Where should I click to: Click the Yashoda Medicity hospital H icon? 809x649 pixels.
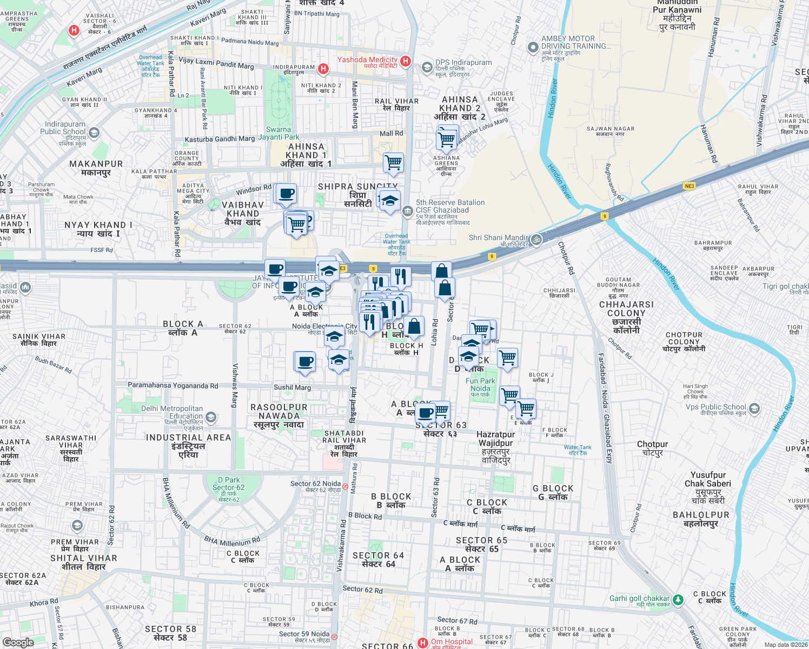click(x=406, y=62)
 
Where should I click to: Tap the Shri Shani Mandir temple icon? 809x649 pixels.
click(x=536, y=239)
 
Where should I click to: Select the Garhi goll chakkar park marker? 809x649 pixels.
click(x=678, y=599)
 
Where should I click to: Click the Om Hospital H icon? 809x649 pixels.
click(x=423, y=643)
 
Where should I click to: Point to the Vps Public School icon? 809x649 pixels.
click(x=754, y=408)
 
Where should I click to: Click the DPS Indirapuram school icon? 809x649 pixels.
click(x=427, y=67)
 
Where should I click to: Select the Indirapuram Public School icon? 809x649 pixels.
click(x=94, y=133)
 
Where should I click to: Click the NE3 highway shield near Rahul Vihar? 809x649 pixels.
click(x=689, y=186)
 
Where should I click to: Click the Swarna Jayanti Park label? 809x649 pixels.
click(x=278, y=133)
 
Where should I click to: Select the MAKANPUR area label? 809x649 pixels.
click(x=96, y=168)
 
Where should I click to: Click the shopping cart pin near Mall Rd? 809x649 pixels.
click(x=393, y=162)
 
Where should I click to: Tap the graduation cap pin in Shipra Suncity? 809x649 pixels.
click(x=389, y=201)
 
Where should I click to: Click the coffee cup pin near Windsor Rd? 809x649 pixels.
click(x=286, y=194)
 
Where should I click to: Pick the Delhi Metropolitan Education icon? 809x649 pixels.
click(x=211, y=417)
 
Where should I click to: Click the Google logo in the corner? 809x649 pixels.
click(x=18, y=643)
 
